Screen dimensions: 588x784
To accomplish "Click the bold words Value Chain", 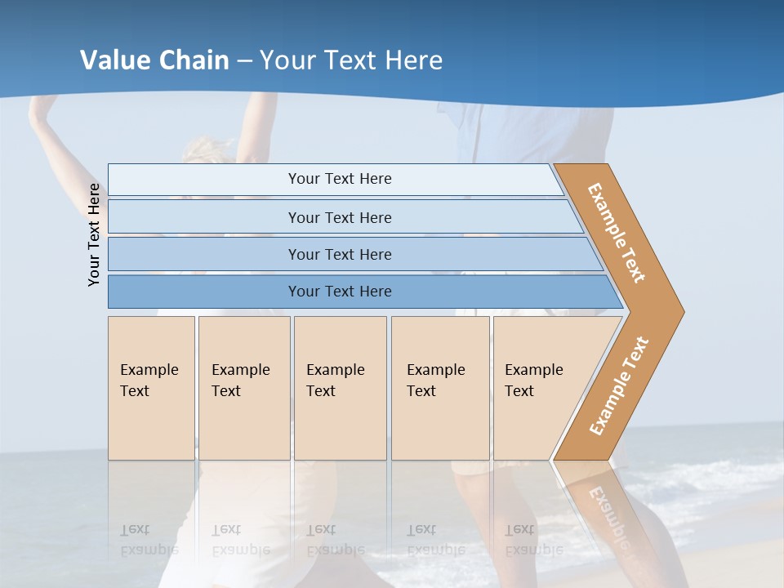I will (154, 60).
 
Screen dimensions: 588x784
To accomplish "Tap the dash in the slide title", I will (244, 61).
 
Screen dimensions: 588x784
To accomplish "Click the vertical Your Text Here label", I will (94, 234).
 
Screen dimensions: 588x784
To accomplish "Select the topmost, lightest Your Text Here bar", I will (339, 179).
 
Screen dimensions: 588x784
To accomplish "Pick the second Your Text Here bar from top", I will (339, 217).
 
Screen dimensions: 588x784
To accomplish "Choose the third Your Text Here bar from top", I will (339, 254).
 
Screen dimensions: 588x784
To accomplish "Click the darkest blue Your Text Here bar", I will (339, 292).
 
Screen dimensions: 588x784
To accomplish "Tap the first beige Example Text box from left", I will (151, 388).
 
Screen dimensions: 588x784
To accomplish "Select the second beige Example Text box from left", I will (244, 388).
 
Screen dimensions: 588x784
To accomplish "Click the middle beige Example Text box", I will (340, 388).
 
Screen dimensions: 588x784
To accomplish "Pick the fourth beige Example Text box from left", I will (440, 388).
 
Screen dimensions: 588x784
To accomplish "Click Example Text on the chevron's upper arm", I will (617, 233).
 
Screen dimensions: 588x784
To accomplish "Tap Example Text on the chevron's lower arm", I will (619, 386).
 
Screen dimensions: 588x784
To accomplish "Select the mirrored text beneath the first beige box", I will (149, 540).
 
